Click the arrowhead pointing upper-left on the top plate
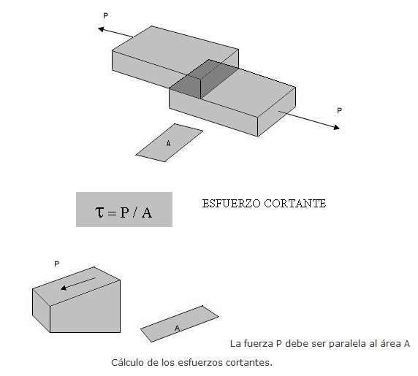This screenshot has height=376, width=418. [x=100, y=28]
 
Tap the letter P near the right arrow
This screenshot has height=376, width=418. [x=338, y=110]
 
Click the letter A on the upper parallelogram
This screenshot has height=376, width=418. [x=168, y=144]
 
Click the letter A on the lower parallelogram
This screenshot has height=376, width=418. [x=177, y=329]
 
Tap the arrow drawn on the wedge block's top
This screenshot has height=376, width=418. [x=78, y=282]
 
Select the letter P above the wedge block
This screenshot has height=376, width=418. [x=56, y=262]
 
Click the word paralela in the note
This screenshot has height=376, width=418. [x=348, y=343]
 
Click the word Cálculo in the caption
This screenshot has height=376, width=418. [x=127, y=362]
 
